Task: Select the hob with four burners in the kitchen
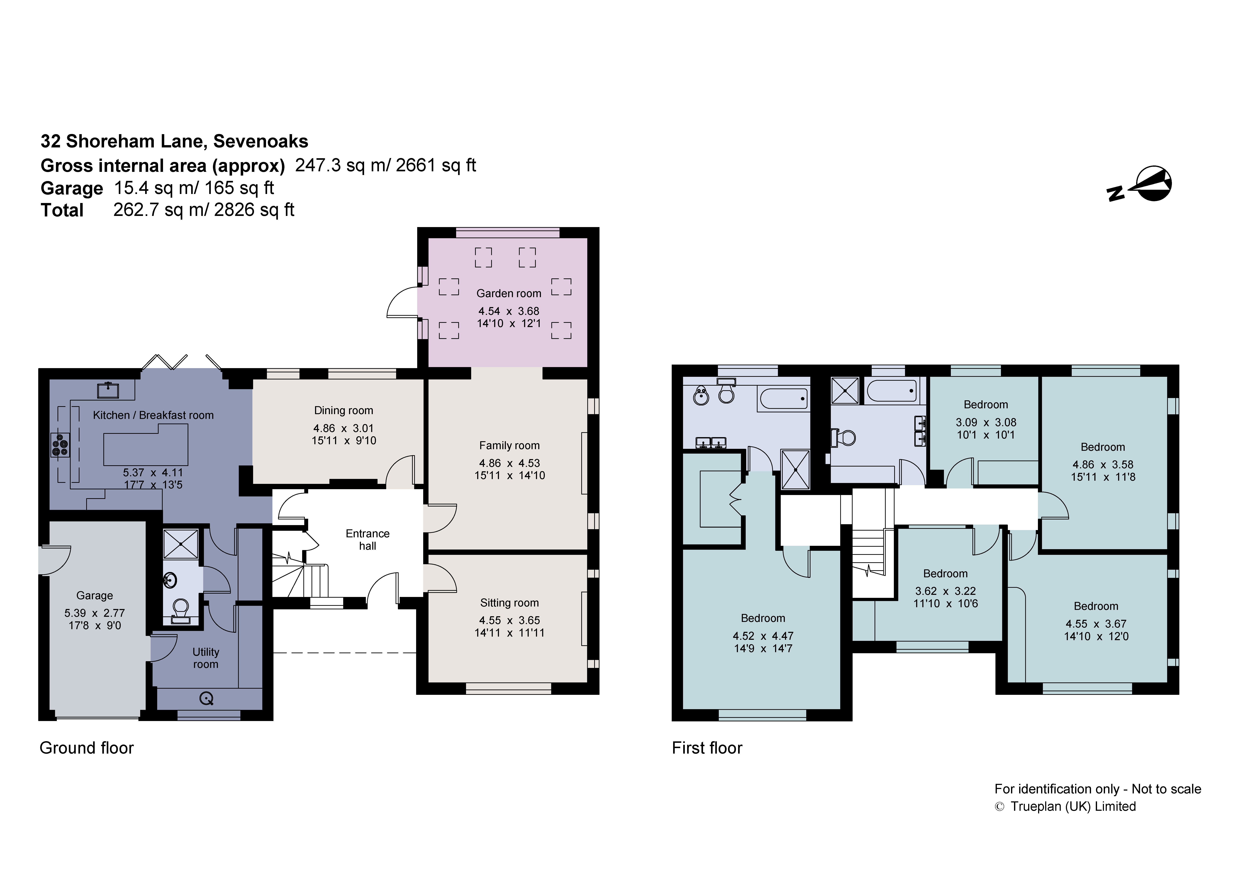60,445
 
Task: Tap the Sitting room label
509,603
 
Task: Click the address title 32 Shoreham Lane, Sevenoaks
174,141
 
